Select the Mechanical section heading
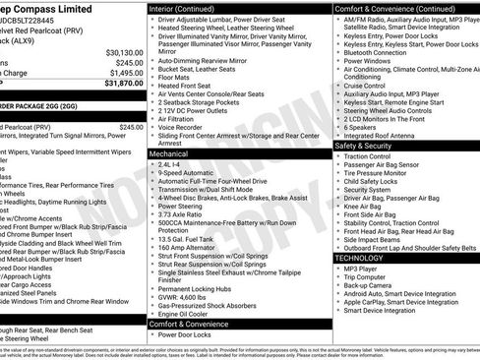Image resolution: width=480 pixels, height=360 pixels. pyautogui.click(x=169, y=154)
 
